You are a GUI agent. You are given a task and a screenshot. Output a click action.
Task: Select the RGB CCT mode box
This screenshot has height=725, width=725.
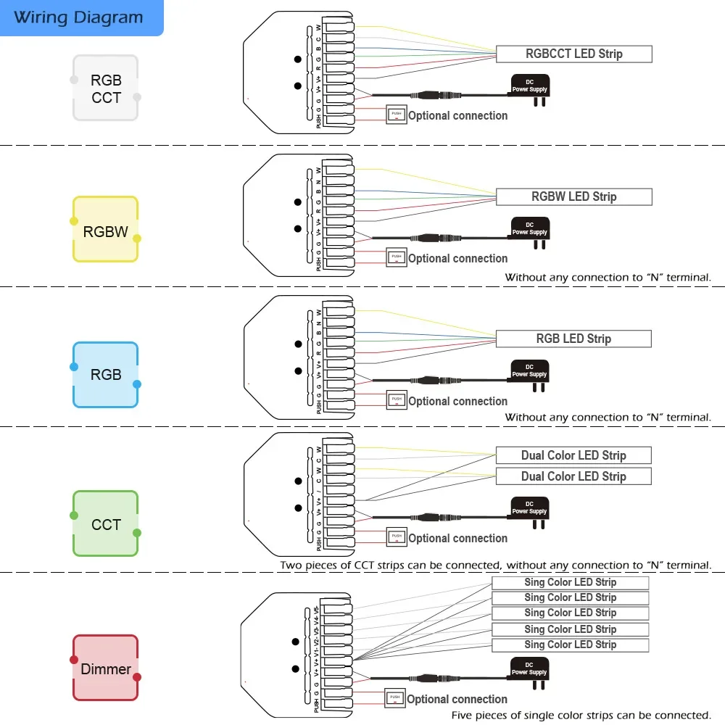point(106,88)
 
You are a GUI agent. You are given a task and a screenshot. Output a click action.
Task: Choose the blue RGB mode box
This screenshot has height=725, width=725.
point(106,375)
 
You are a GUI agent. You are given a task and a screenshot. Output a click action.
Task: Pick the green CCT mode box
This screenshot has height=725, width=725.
point(106,524)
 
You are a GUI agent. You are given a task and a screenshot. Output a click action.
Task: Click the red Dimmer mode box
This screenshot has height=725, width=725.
point(106,668)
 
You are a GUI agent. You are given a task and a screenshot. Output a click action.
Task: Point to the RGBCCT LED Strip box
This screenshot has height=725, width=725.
point(573,54)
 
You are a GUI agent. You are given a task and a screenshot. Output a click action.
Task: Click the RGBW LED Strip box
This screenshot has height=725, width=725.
point(573,196)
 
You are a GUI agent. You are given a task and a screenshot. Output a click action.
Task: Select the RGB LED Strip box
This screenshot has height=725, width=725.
point(573,339)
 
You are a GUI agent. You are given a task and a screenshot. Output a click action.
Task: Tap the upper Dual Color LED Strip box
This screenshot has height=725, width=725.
point(573,455)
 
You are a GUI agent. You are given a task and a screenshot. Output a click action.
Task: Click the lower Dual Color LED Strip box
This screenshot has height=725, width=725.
point(573,476)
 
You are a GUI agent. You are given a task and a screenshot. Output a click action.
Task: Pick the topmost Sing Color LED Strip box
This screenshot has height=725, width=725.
point(570,582)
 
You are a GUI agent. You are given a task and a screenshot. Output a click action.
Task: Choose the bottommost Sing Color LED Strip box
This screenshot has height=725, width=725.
point(570,645)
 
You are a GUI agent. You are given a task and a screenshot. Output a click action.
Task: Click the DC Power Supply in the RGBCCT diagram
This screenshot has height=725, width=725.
point(530,86)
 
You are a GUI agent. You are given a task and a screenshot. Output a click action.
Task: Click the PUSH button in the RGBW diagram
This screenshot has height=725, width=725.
point(396,257)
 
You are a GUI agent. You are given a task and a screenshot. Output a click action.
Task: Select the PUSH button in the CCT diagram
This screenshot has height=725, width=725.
point(396,536)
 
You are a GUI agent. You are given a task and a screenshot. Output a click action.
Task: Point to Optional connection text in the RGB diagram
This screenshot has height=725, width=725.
point(457,401)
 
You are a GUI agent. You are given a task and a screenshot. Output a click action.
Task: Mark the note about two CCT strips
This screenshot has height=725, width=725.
point(496,565)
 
